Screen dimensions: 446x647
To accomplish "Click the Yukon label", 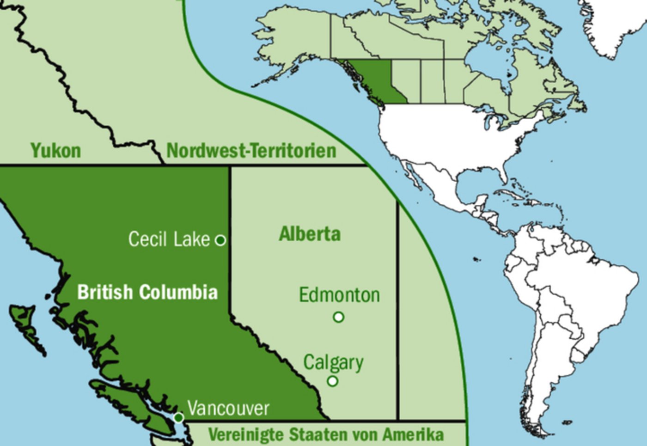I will (x=55, y=151).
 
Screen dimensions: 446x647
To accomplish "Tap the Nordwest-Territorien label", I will (x=251, y=151).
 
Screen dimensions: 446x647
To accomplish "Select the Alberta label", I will (x=310, y=234).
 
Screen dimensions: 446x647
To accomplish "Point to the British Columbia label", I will (x=147, y=292).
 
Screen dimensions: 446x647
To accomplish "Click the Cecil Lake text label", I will (x=169, y=239).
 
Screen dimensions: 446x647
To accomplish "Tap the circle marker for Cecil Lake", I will (x=221, y=240).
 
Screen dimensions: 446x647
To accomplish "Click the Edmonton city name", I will (x=339, y=295).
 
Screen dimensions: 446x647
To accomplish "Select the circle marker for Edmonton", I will (x=339, y=317).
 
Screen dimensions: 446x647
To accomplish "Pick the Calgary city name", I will (x=333, y=362).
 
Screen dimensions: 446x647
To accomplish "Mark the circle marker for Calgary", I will (x=332, y=381).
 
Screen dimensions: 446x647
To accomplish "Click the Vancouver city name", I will (x=228, y=408).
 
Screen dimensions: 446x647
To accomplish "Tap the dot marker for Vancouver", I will (x=179, y=418).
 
